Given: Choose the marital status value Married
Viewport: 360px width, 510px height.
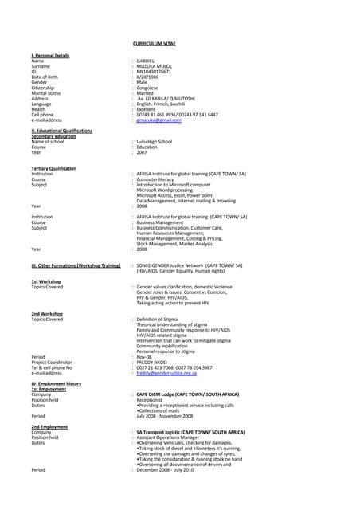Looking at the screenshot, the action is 147,93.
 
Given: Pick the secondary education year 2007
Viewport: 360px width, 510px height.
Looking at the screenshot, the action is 142,152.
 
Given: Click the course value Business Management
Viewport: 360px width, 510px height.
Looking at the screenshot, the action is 163,222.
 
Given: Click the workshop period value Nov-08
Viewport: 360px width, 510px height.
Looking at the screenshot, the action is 145,356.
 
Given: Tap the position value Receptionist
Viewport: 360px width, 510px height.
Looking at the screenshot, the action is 151,400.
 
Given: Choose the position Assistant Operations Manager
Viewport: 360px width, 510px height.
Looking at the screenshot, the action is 168,437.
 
